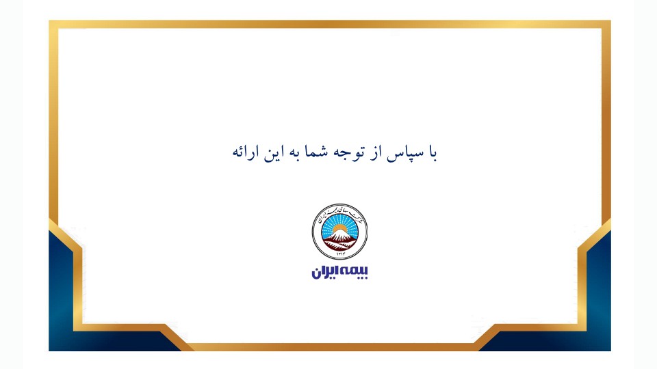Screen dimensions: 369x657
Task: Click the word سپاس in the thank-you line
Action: click(404, 152)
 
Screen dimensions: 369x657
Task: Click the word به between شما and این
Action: click(293, 152)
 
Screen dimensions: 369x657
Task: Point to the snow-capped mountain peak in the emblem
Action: click(340, 234)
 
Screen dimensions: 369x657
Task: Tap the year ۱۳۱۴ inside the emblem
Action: click(340, 252)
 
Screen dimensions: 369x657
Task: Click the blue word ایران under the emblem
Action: click(326, 271)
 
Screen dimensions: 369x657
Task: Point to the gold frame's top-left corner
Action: click(54, 25)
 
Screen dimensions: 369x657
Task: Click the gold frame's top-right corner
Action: click(606, 25)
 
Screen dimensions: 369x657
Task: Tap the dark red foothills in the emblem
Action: click(340, 243)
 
